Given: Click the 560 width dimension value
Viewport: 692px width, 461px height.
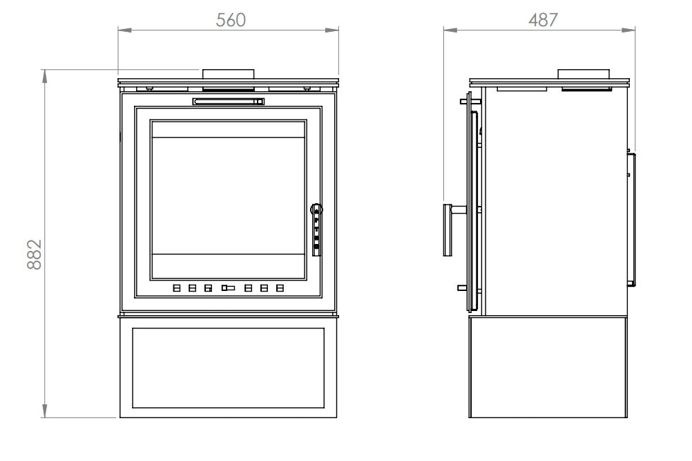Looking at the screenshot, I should pos(231,20).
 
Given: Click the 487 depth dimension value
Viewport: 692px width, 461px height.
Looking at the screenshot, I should pos(543,20).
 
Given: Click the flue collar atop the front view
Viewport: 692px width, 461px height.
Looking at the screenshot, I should pos(228,73).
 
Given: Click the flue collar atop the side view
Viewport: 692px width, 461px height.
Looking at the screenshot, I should pos(584,74).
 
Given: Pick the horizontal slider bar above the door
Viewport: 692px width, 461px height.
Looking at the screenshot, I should pos(229,102).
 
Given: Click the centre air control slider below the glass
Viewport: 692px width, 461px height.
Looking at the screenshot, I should pos(228,288).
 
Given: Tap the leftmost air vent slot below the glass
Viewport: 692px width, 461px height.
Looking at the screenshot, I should pos(177,288).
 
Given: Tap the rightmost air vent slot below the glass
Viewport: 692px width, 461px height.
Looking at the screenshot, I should pos(280,288).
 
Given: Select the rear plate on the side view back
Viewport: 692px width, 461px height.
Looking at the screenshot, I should pos(631,219).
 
